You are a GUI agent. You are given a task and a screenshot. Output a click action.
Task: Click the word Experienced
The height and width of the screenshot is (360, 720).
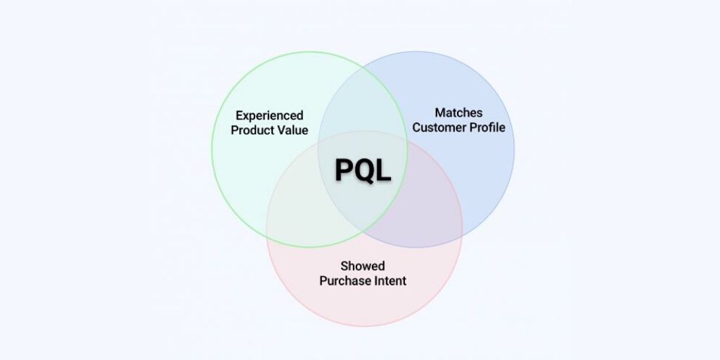(269, 115)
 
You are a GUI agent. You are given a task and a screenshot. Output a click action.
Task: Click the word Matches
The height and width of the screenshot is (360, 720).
(458, 112)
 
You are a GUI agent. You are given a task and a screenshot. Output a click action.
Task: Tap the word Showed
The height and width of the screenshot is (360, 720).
(363, 266)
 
